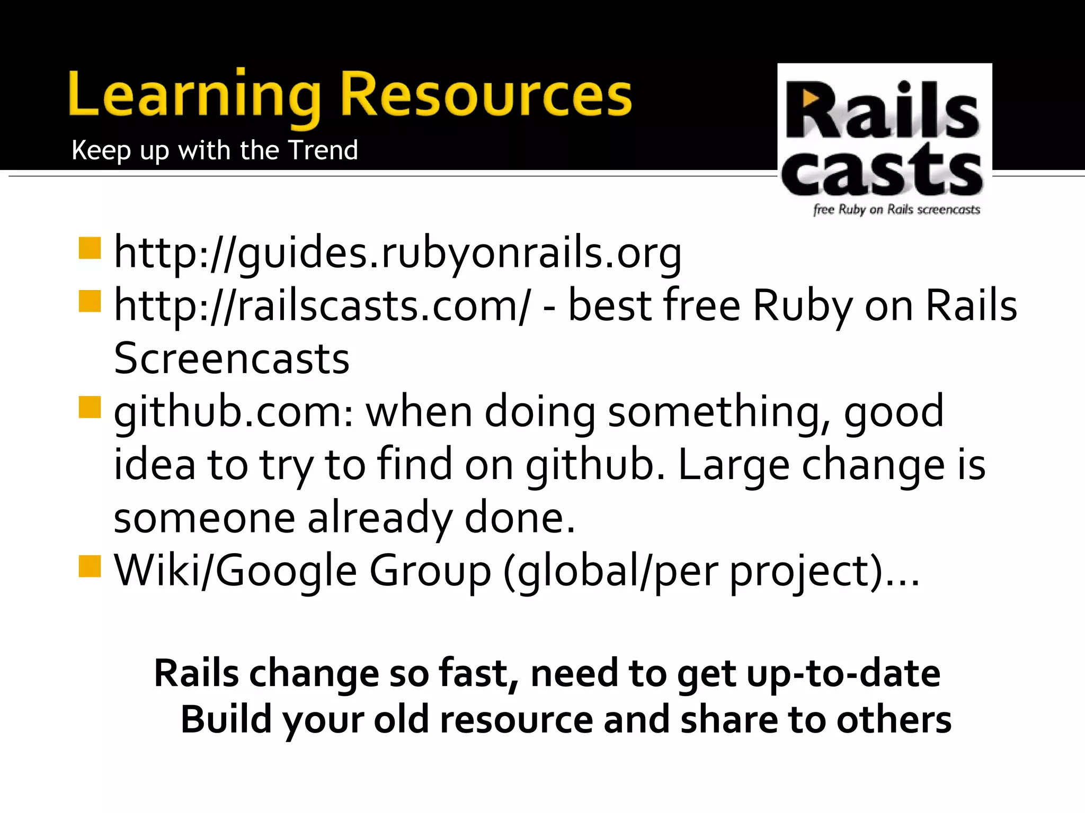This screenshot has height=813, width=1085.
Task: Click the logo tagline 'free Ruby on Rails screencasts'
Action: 896,210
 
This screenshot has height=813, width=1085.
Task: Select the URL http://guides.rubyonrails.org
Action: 398,254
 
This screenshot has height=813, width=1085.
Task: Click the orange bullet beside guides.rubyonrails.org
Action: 90,248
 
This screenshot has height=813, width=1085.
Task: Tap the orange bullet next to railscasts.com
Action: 90,301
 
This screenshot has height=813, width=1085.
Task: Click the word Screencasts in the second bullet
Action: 232,359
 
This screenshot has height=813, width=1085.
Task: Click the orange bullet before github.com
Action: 90,407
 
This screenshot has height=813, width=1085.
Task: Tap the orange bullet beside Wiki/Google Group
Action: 90,566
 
